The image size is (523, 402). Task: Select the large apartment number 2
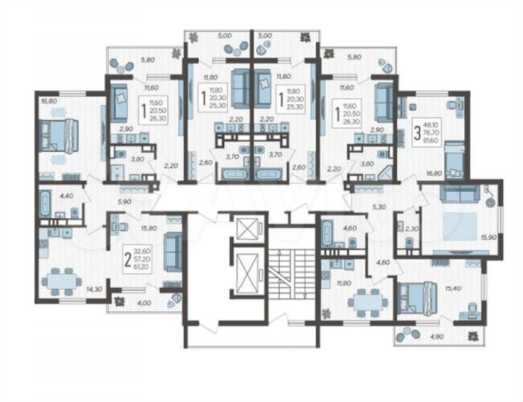click(128, 260)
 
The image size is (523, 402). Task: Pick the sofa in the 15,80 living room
click(171, 249)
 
